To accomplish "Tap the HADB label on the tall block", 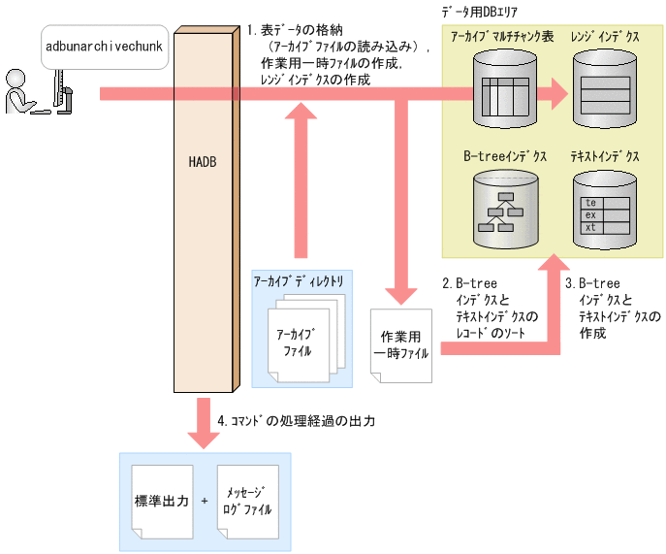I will pos(202,161).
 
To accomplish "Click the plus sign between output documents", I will pos(204,502).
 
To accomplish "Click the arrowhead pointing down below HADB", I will pos(202,436).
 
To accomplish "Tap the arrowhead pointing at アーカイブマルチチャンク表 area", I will pos(556,94).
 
